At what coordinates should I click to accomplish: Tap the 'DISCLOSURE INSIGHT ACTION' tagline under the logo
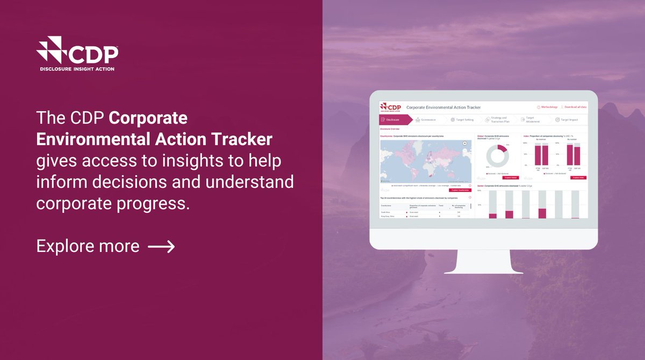77,69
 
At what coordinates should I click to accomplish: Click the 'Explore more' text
88,246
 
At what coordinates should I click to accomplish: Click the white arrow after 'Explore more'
161,246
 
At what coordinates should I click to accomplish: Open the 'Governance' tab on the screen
427,120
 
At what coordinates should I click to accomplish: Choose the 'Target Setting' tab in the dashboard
463,120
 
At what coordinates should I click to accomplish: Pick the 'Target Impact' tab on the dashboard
568,120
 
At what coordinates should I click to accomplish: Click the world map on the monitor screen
425,161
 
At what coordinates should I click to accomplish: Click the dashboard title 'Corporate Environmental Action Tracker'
443,107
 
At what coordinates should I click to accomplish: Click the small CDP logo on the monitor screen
390,107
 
